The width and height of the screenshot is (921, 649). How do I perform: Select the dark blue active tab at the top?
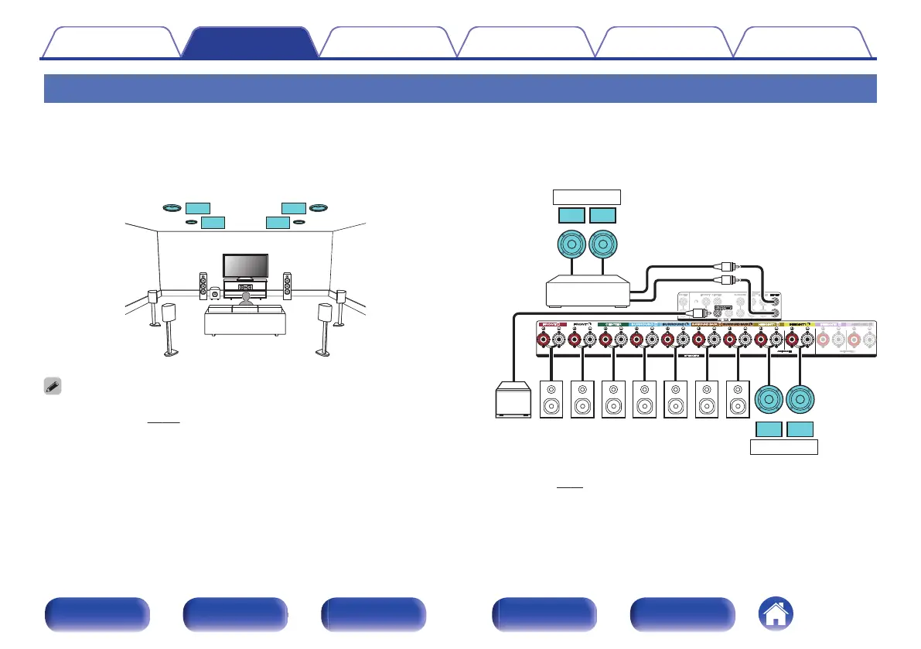[x=249, y=43]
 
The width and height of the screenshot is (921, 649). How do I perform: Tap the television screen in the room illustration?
[x=245, y=267]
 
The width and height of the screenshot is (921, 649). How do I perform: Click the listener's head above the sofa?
[x=245, y=296]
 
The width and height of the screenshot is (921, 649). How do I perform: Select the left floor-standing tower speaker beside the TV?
[x=203, y=286]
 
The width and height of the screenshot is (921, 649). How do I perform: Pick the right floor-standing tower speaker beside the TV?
[x=287, y=286]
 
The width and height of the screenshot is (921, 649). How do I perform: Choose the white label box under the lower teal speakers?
[x=785, y=446]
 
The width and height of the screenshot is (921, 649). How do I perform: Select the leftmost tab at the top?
[x=110, y=43]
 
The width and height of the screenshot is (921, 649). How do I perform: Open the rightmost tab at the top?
[x=804, y=43]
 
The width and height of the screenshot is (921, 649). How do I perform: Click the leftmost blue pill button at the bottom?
[x=97, y=615]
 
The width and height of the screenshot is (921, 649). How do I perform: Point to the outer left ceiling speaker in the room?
[x=171, y=207]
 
